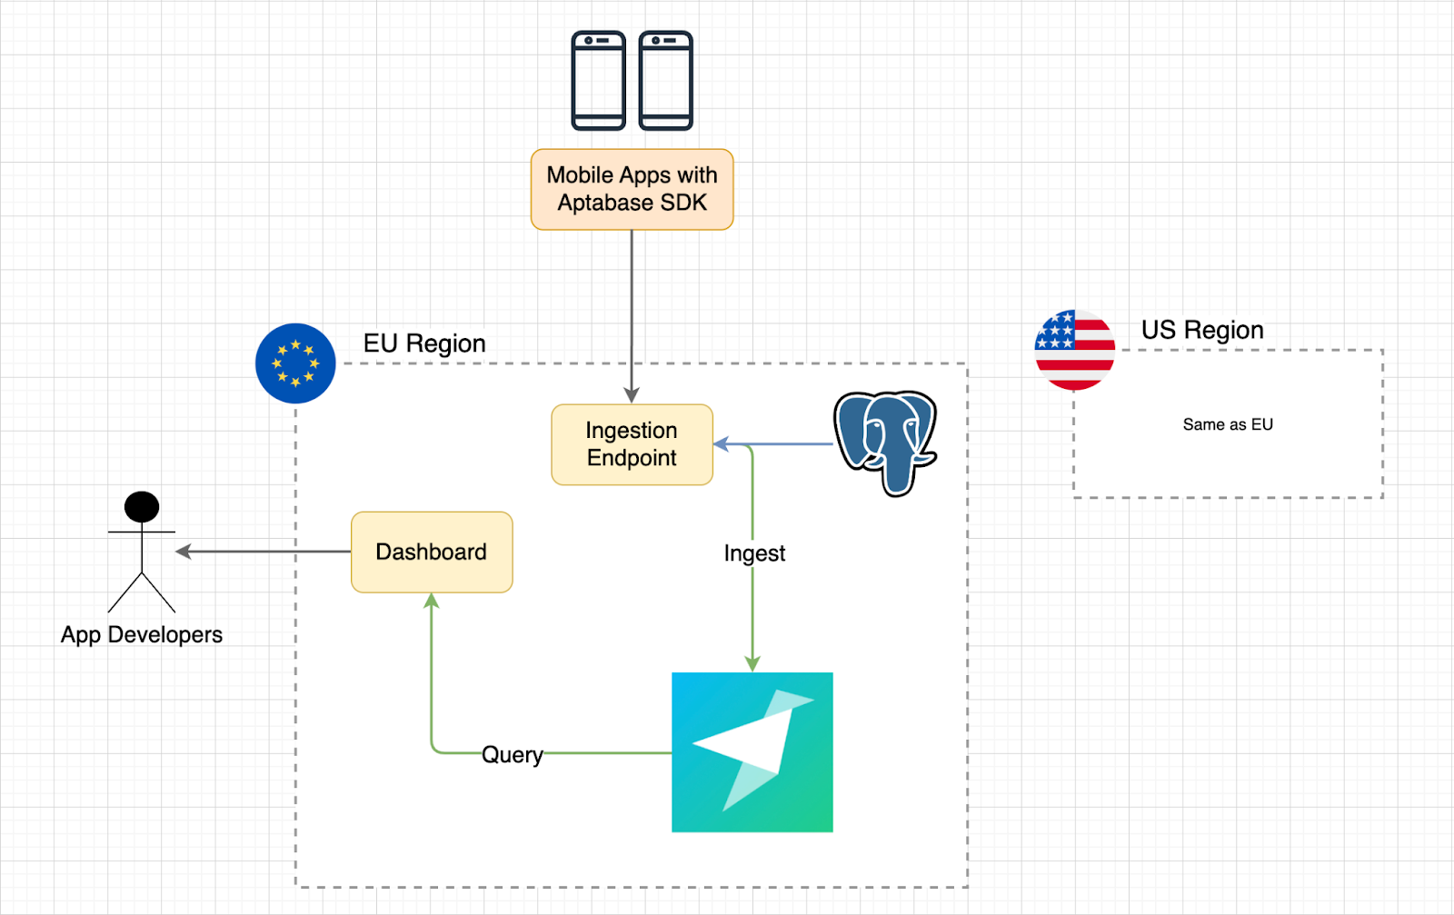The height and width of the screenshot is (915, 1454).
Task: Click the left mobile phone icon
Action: point(598,80)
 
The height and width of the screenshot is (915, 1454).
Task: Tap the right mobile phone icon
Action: point(666,80)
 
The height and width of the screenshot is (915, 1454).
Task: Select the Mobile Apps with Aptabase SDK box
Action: point(632,189)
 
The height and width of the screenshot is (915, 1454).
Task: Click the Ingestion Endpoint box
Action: point(632,444)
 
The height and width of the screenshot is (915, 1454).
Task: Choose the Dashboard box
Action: point(432,552)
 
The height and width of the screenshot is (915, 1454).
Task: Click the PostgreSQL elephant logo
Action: point(885,442)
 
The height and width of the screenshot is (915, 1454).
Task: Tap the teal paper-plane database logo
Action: point(752,751)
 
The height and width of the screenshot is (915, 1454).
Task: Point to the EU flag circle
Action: point(295,363)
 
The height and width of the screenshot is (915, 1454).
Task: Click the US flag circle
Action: point(1075,350)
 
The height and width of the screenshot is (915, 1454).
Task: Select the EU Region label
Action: point(424,343)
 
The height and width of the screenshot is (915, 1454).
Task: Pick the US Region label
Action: point(1202,330)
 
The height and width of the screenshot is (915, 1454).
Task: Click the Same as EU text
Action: point(1228,424)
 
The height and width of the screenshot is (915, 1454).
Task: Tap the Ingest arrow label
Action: point(754,553)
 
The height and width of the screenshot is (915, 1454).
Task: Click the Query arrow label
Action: point(513,755)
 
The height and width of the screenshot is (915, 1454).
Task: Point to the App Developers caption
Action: point(142,634)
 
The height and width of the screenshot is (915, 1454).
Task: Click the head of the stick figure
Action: point(142,506)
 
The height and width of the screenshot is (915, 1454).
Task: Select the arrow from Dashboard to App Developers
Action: point(264,552)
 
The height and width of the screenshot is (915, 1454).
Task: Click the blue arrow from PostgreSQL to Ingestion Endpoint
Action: point(791,444)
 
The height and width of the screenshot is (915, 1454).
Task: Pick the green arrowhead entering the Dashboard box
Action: point(432,602)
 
